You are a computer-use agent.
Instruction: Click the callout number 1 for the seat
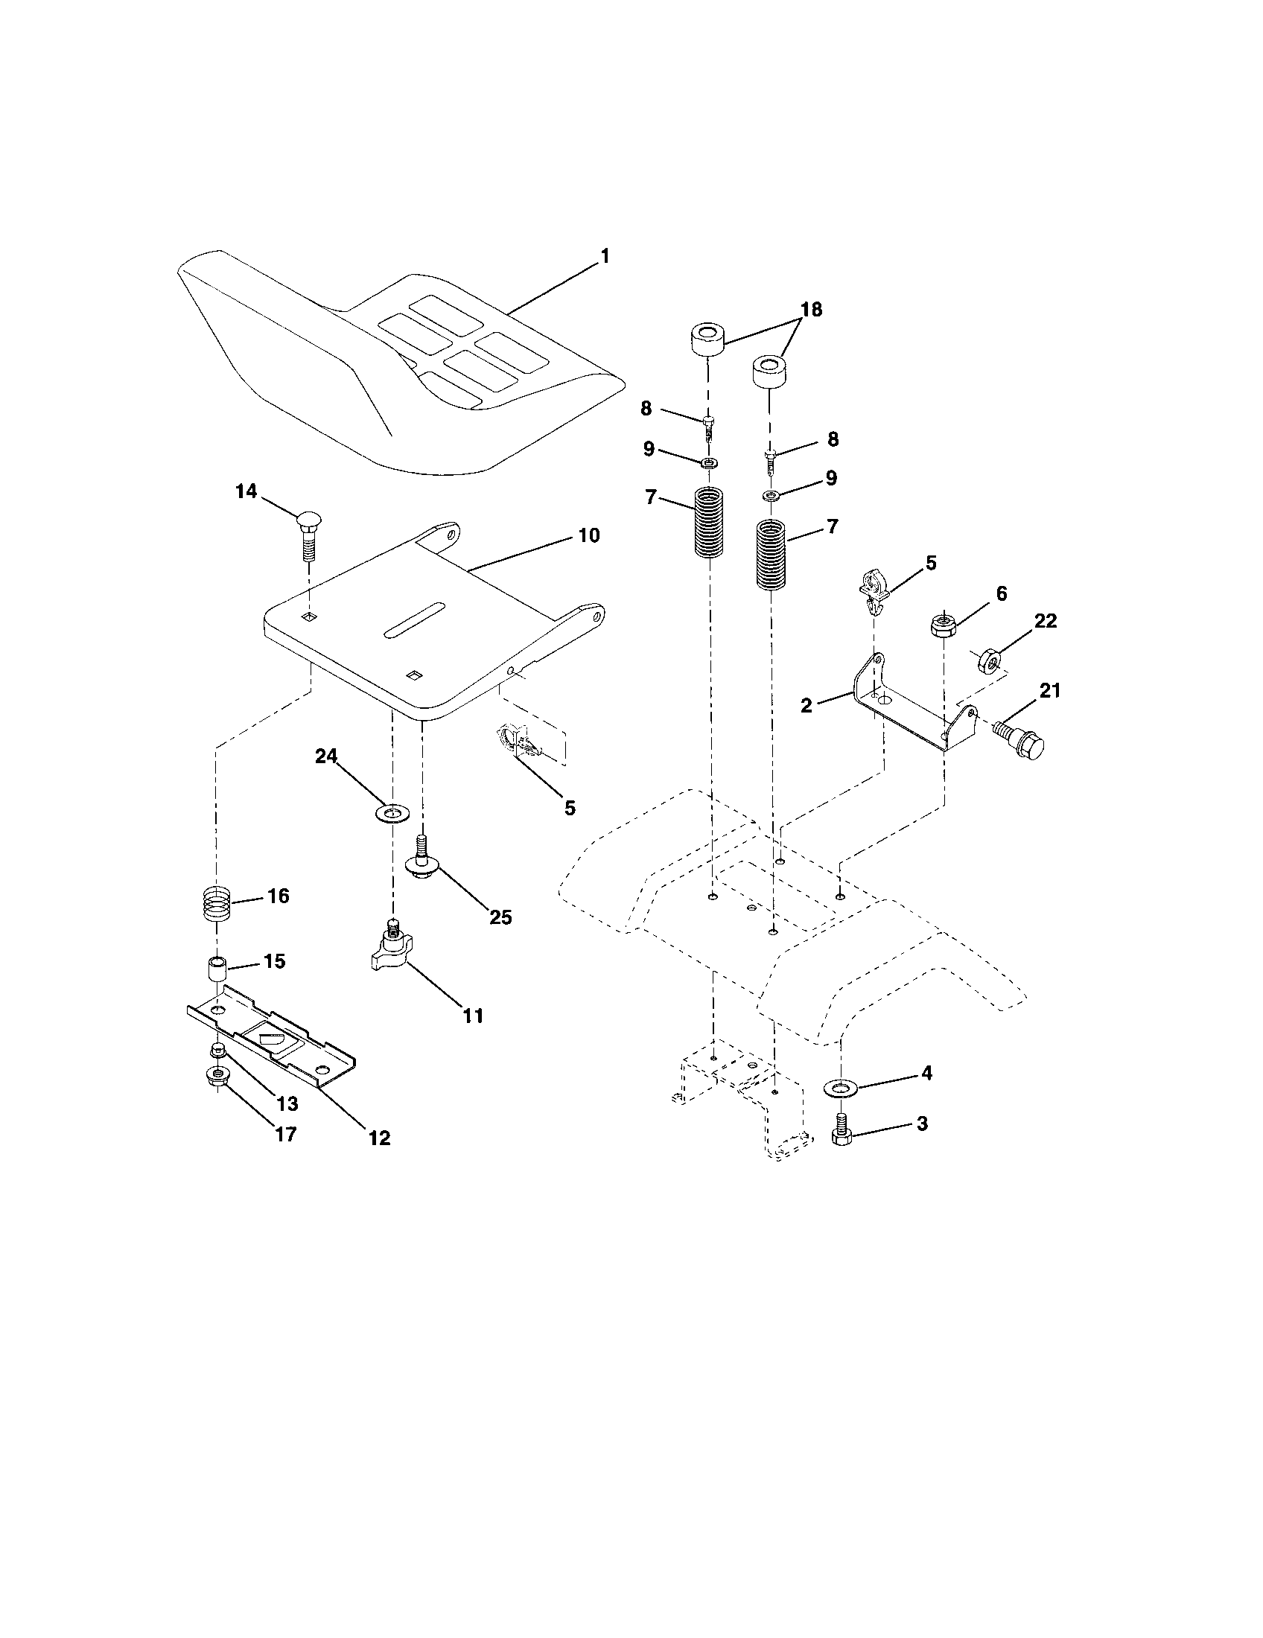tap(605, 257)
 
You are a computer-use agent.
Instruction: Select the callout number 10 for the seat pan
tap(589, 535)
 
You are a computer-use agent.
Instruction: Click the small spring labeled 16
tap(216, 905)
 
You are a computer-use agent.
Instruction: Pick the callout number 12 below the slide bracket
tap(380, 1138)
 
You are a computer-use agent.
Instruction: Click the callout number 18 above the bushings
tap(812, 309)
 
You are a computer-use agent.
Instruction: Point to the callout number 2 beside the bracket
tap(807, 705)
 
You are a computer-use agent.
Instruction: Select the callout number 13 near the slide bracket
tap(287, 1104)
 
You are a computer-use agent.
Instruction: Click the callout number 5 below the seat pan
tap(570, 808)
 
